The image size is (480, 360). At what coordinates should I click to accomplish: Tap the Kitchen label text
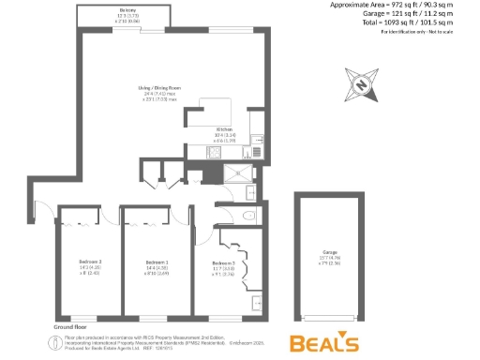coord(225,130)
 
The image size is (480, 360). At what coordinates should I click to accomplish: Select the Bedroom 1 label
coord(157,262)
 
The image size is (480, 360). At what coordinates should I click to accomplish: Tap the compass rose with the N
coord(361,84)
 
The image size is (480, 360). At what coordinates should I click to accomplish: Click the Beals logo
coord(323,342)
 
